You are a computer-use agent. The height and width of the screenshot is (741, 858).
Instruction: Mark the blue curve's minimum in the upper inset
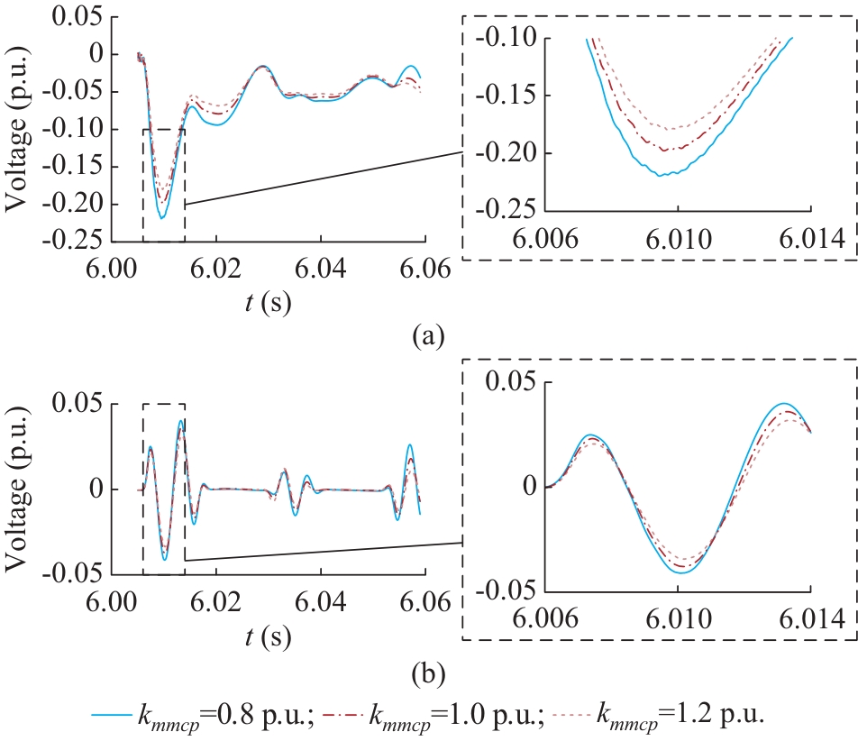[x=662, y=175]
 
